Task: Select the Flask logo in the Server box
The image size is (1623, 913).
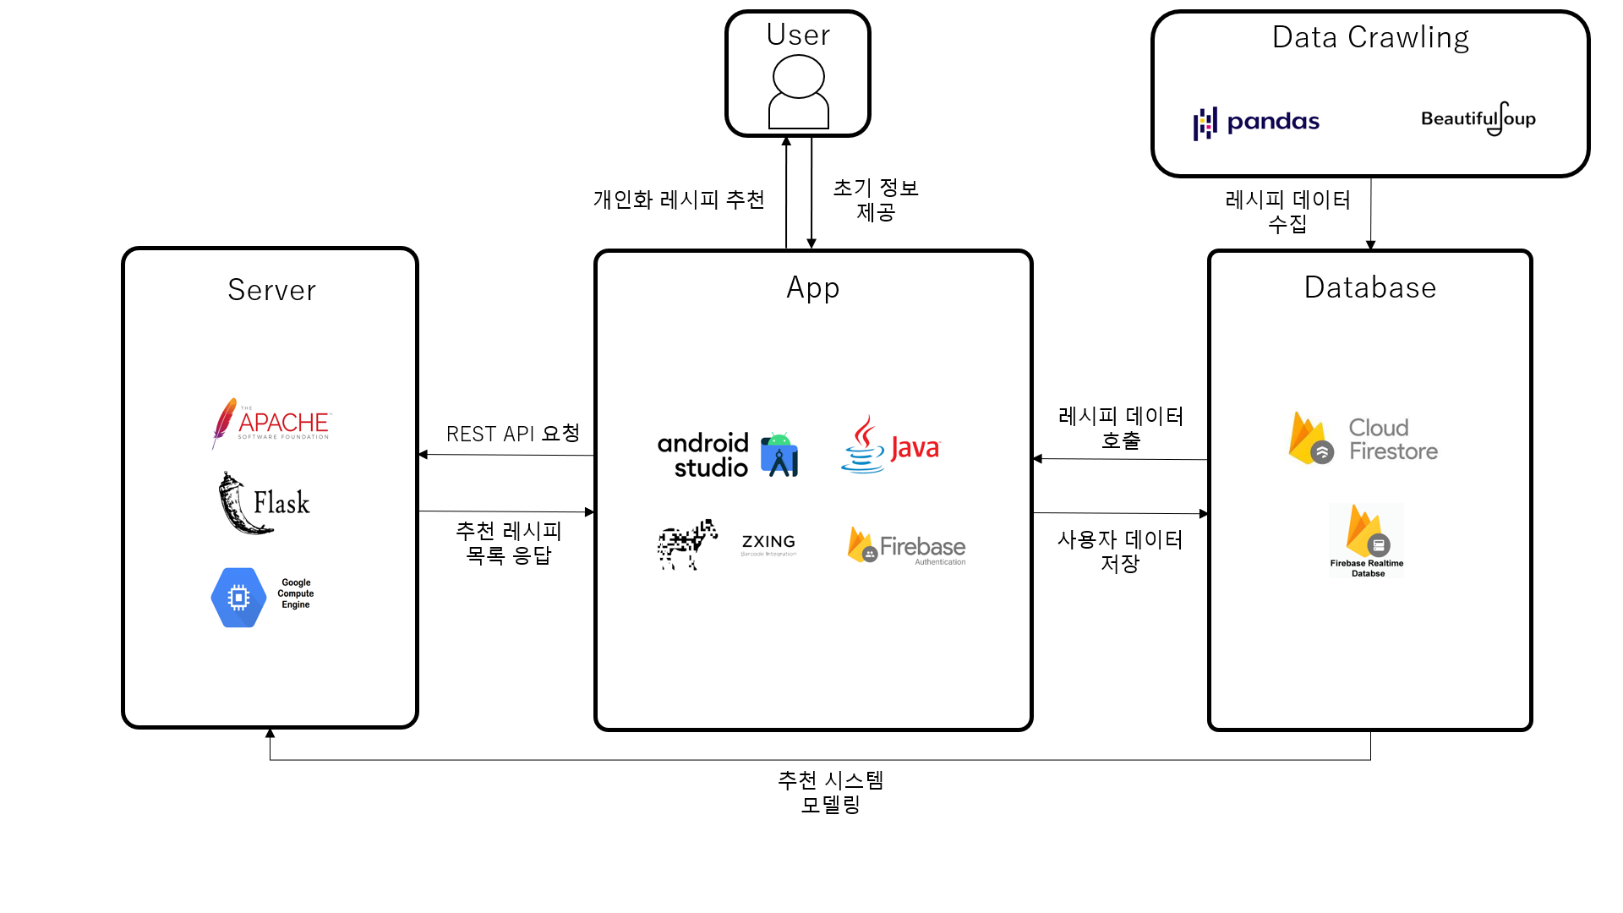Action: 264,503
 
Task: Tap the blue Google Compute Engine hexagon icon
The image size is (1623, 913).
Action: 238,598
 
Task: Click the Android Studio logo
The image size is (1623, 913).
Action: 728,455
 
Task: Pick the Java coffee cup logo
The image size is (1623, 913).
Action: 864,445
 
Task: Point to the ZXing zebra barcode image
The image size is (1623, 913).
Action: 687,544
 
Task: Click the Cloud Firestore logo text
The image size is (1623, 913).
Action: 1392,440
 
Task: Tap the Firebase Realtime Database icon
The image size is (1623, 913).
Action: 1366,539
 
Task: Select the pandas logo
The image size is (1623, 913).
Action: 1256,123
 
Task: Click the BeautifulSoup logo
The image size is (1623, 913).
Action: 1478,119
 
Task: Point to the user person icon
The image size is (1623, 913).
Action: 798,91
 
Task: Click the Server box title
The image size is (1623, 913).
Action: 271,290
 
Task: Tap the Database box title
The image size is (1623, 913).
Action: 1369,287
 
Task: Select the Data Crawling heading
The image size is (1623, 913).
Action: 1370,38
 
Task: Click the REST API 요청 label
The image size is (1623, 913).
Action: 512,434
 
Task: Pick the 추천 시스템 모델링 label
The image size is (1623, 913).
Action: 830,791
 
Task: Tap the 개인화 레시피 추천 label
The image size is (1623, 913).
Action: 679,200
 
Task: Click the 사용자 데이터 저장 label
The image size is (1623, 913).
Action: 1120,551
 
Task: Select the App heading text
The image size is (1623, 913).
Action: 812,287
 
